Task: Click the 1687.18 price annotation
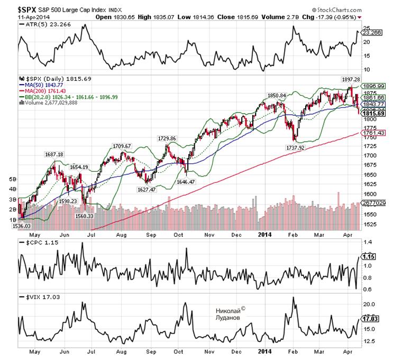click(x=54, y=154)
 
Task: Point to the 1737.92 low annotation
click(x=293, y=149)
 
